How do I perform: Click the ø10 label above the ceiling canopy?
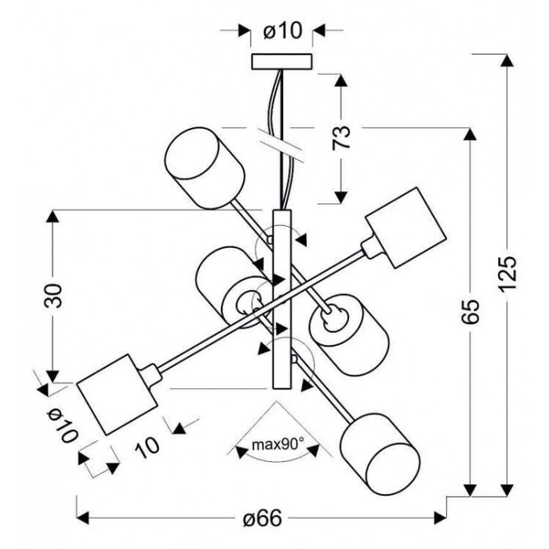point(282,31)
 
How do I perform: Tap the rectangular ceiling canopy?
point(282,62)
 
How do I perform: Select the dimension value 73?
point(341,137)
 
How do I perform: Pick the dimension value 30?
point(53,296)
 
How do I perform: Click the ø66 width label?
point(262,518)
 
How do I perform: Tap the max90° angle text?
point(278,445)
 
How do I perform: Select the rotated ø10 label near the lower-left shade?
point(62,426)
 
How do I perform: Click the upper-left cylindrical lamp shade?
point(205,168)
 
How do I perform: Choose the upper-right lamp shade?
point(406,228)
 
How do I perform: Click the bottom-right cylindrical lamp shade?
point(380,454)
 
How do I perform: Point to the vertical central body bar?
point(282,300)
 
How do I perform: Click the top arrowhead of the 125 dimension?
point(507,60)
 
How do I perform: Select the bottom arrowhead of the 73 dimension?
point(341,198)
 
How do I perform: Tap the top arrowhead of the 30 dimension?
point(53,216)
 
